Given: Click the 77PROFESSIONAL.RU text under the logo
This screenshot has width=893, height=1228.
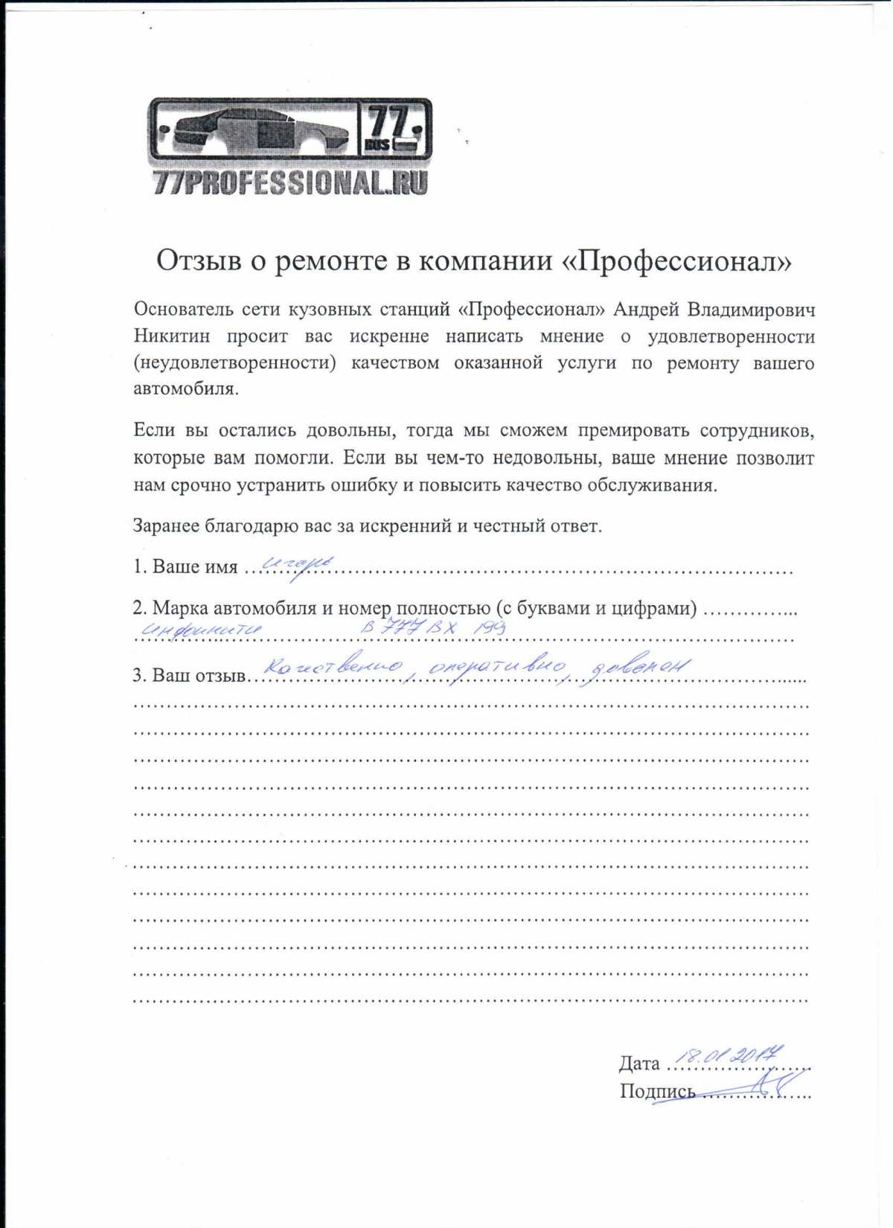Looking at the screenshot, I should pyautogui.click(x=290, y=182).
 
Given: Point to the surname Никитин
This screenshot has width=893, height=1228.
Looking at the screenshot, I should pyautogui.click(x=171, y=336).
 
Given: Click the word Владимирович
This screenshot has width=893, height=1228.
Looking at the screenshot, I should pyautogui.click(x=751, y=310).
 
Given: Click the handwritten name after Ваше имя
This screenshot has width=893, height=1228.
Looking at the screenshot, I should pyautogui.click(x=298, y=566).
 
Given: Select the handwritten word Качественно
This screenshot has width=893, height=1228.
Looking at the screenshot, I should pyautogui.click(x=334, y=667).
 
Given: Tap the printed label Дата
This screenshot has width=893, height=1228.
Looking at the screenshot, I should pyautogui.click(x=639, y=1064).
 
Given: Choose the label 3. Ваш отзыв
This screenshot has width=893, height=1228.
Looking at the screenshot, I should pyautogui.click(x=189, y=676).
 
